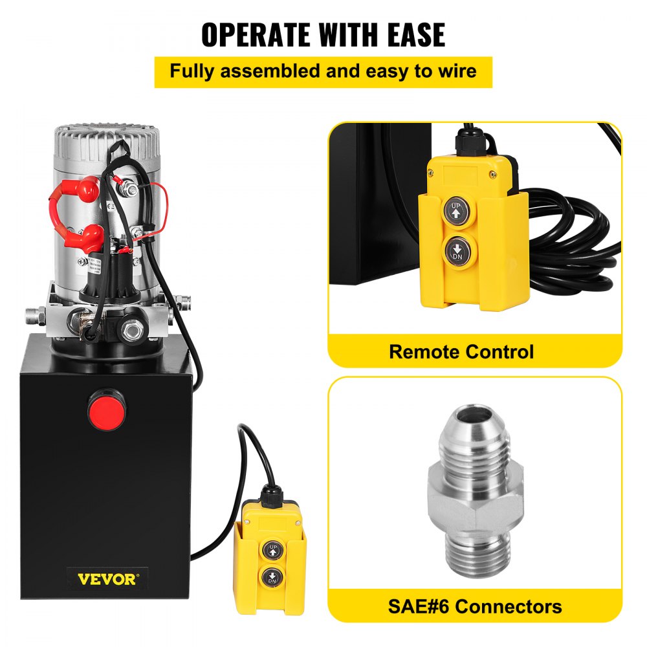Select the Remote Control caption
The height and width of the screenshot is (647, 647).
click(x=461, y=353)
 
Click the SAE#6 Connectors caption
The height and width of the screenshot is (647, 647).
click(x=475, y=607)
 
